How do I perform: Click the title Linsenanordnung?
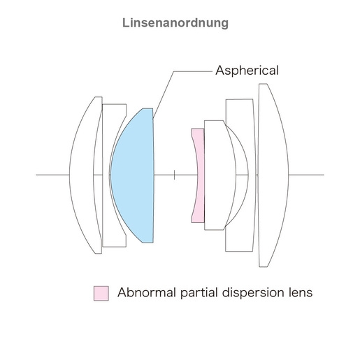point(175,23)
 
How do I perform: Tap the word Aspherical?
point(247,71)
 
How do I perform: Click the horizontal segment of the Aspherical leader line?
point(193,71)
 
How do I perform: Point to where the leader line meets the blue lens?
point(153,119)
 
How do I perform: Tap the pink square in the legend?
point(101,294)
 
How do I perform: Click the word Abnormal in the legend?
point(147,292)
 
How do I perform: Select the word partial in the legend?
point(199,293)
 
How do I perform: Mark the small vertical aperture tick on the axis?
point(174,175)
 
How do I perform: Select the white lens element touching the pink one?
point(219,175)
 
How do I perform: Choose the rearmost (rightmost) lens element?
point(273,175)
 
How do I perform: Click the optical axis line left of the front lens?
point(52,175)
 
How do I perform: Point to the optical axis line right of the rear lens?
point(306,175)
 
